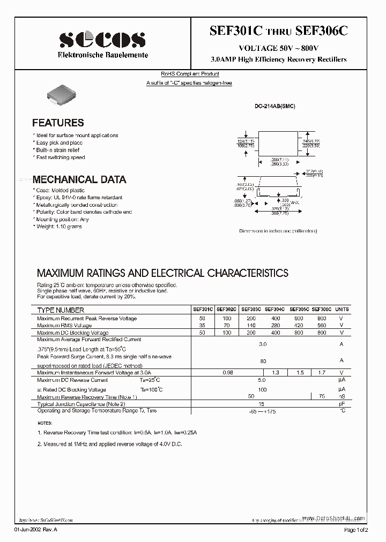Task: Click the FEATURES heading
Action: coord(58,123)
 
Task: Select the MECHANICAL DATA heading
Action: coord(79,179)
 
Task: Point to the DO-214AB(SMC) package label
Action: coord(274,107)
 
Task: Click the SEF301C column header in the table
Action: coord(203,310)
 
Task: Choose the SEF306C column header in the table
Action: coord(321,310)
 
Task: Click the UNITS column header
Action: coord(342,310)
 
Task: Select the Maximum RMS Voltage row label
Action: coord(64,325)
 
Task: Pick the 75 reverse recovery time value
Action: coord(322,396)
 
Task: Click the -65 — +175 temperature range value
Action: coord(263,411)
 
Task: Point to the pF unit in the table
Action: coord(342,403)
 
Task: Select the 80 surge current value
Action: coord(263,361)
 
